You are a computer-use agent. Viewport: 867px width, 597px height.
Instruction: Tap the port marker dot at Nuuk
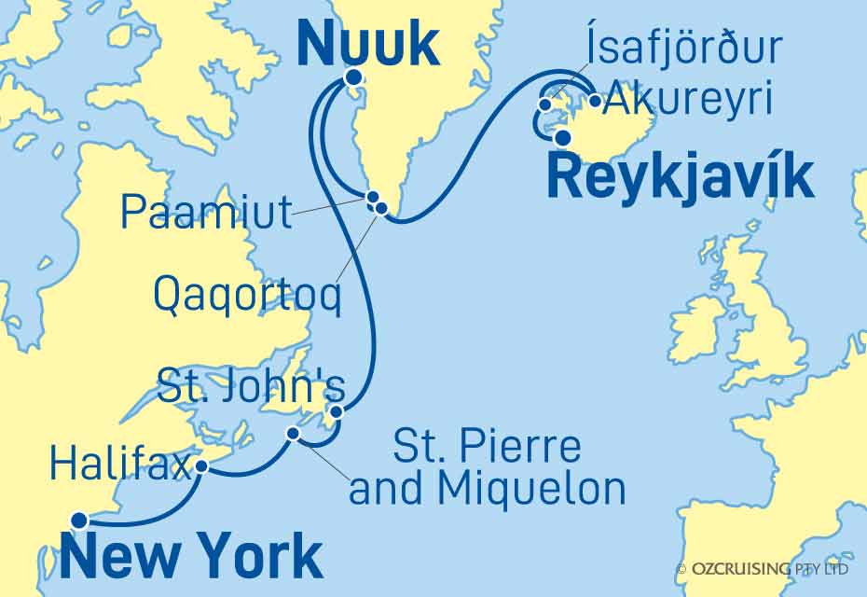[352, 79]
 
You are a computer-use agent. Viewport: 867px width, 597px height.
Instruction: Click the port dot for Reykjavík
[561, 138]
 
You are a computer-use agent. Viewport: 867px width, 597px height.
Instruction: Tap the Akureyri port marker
[594, 101]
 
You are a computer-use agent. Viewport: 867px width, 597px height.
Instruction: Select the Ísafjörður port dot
[545, 104]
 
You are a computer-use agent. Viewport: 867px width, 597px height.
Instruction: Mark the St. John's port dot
[337, 411]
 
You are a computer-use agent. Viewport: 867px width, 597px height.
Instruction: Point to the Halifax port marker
[202, 468]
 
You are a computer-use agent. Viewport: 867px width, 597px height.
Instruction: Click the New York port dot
[81, 520]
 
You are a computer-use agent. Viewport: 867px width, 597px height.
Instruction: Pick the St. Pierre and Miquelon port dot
[293, 433]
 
